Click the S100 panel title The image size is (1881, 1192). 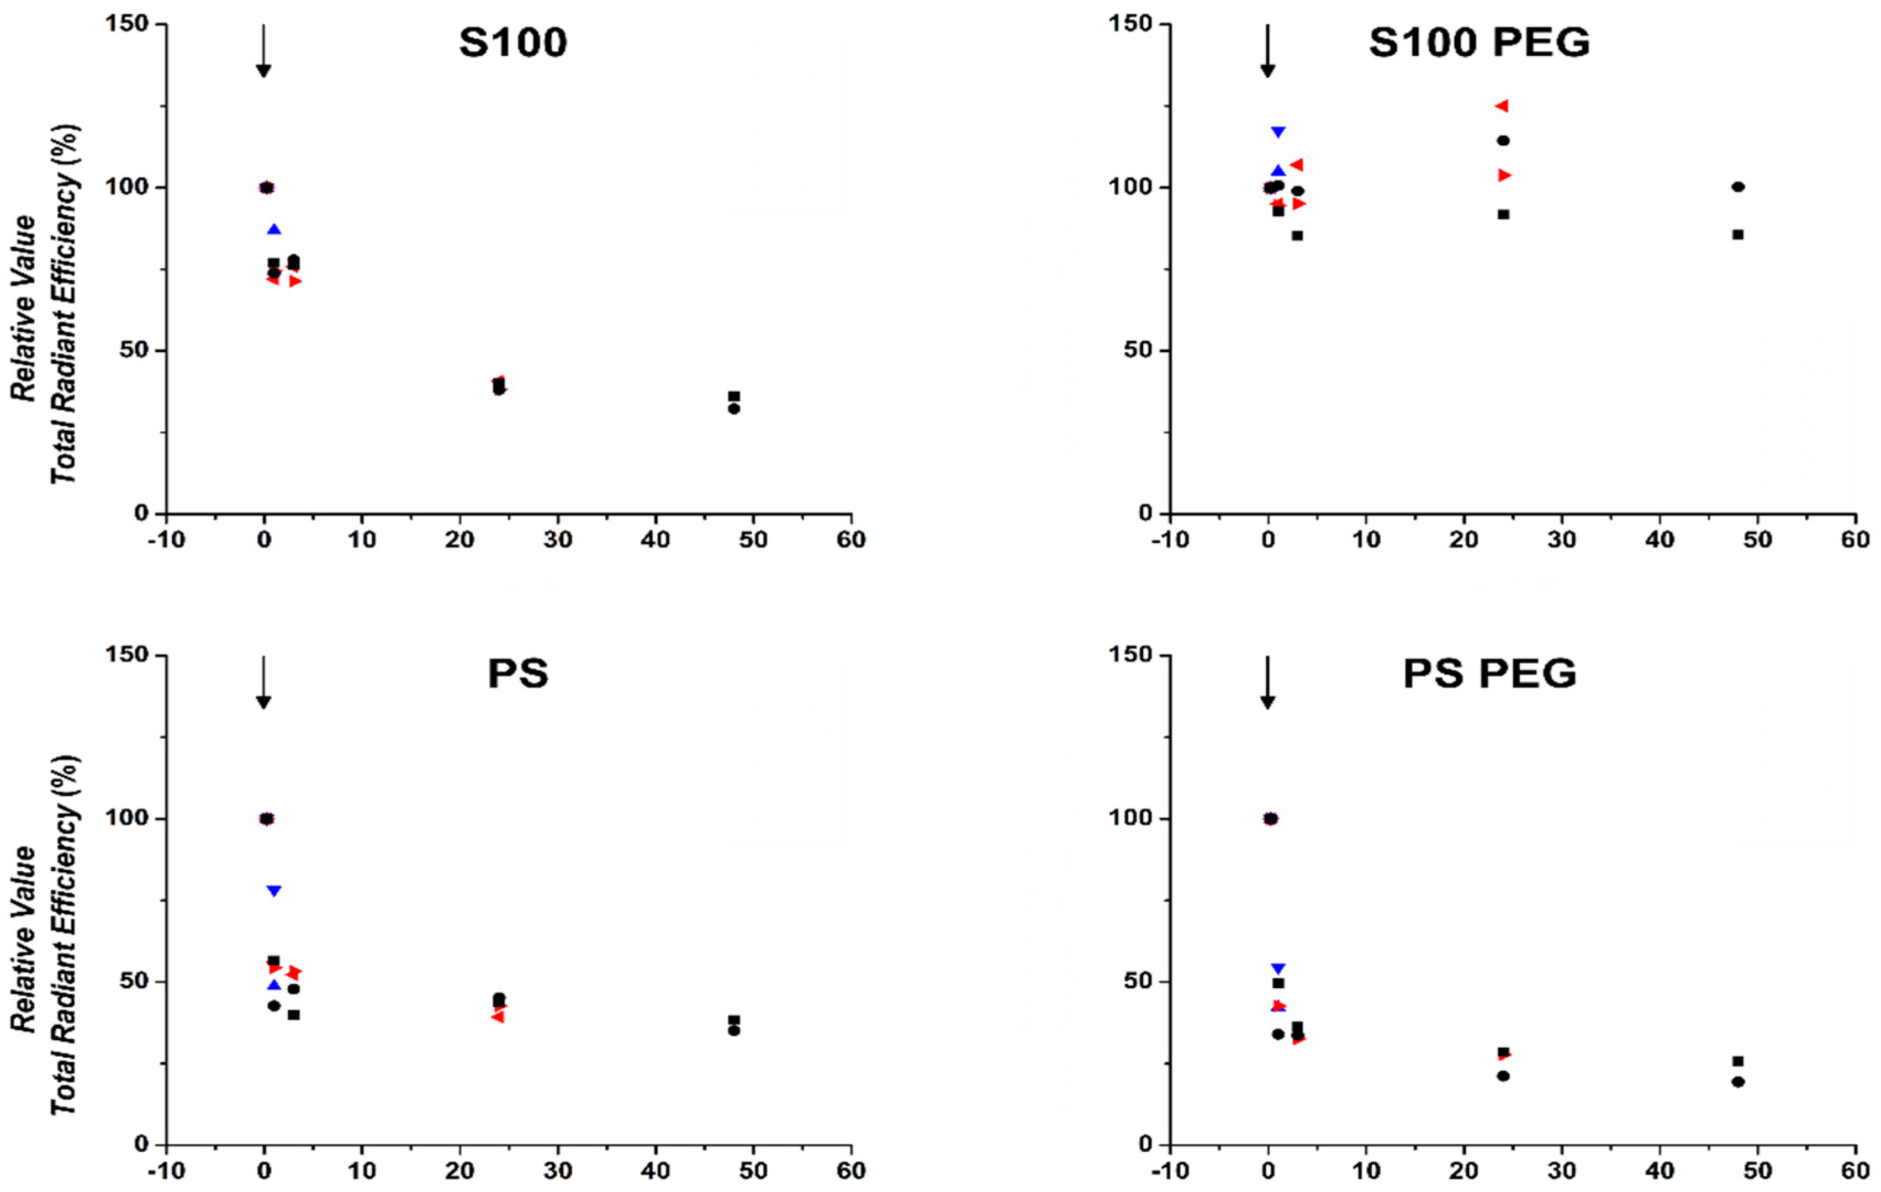tap(512, 43)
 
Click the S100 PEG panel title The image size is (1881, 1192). tap(1479, 43)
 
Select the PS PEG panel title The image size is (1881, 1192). tap(1489, 674)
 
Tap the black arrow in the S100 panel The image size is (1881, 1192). tap(263, 51)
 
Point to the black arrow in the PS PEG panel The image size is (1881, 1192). tap(1267, 682)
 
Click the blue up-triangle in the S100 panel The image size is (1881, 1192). tap(274, 230)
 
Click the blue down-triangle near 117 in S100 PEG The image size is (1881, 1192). tap(1278, 132)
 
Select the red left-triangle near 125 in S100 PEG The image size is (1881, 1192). tap(1502, 106)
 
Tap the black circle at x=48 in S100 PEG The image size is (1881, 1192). tap(1737, 187)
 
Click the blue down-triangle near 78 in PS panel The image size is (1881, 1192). tap(273, 891)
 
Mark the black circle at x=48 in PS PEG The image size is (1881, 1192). tap(1737, 1082)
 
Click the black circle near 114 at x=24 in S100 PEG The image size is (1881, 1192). tap(1502, 141)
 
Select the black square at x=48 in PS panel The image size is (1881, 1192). tap(733, 1020)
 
